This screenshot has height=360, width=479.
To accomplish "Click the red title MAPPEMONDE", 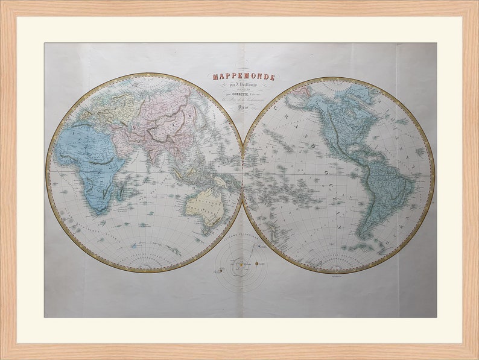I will coord(243,77).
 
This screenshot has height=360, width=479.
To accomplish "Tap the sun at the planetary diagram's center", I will coord(241,264).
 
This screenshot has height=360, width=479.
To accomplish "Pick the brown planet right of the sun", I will coord(256,264).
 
